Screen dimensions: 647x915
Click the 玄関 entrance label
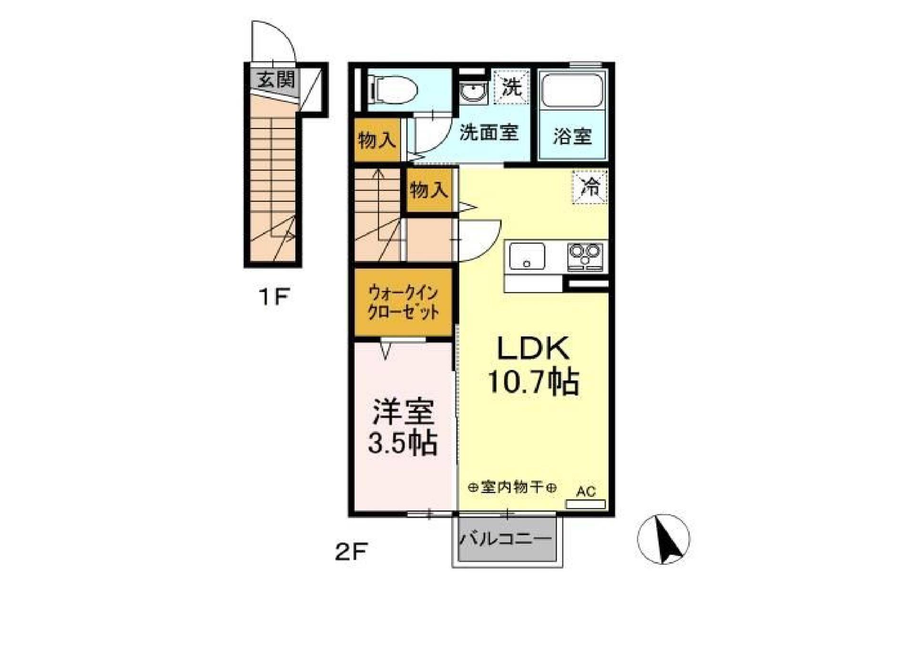[276, 80]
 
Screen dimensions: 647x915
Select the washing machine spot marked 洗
[512, 87]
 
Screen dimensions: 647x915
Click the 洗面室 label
[488, 132]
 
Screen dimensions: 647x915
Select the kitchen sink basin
[527, 257]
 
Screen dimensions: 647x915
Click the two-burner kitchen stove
[585, 257]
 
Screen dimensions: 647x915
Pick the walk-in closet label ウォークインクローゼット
[403, 302]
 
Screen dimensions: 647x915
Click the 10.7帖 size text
[533, 381]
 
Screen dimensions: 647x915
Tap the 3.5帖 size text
[403, 443]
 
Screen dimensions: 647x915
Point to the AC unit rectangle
[585, 504]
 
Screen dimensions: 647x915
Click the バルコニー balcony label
[506, 539]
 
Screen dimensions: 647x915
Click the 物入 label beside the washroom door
[377, 140]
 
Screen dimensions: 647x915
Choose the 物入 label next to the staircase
[429, 190]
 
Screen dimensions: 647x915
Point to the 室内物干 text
[512, 487]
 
